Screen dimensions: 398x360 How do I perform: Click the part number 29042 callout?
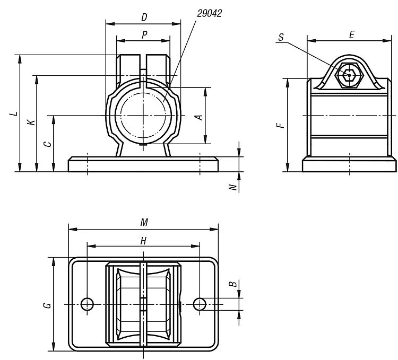(x=210, y=13)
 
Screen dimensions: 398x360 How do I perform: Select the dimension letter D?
(x=144, y=17)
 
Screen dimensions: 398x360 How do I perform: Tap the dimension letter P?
(x=144, y=35)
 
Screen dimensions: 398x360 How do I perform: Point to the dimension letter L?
(x=15, y=113)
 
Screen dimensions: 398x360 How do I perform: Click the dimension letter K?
(x=31, y=122)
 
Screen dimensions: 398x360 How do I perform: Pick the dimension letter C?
(x=48, y=144)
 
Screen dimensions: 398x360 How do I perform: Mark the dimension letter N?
(x=233, y=187)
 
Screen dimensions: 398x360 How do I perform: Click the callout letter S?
(x=281, y=37)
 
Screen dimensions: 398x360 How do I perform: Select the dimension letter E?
(x=351, y=34)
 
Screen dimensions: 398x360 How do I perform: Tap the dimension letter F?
(x=281, y=125)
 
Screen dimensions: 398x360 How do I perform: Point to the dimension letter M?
(x=144, y=222)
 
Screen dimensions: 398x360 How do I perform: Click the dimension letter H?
(x=144, y=241)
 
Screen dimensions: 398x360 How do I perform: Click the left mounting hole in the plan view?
(x=87, y=304)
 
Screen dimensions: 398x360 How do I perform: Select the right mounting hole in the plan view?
(x=200, y=304)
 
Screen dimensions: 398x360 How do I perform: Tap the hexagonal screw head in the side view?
(x=350, y=75)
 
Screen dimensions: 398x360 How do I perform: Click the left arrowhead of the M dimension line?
(x=73, y=229)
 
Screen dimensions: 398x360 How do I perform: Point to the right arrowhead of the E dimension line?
(x=387, y=41)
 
